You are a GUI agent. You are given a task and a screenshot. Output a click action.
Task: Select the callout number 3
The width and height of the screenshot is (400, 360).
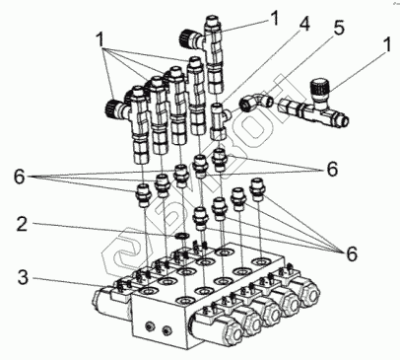click(23, 277)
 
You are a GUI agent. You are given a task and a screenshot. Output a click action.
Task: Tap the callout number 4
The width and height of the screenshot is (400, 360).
click(304, 24)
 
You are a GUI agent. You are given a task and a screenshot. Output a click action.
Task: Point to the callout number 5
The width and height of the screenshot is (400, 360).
click(338, 28)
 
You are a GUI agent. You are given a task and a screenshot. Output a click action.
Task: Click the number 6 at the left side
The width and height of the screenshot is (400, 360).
click(20, 177)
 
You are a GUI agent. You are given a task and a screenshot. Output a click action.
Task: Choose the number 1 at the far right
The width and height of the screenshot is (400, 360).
click(387, 44)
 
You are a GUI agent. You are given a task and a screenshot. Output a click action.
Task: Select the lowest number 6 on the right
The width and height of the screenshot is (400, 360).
click(352, 253)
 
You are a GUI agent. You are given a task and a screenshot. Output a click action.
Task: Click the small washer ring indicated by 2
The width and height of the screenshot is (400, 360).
click(181, 236)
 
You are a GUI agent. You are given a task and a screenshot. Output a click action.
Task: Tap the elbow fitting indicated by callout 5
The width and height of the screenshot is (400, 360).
click(256, 102)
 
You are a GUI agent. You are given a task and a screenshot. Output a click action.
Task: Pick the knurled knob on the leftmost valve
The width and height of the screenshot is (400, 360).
click(113, 108)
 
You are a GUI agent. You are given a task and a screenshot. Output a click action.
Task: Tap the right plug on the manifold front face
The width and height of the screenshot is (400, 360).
click(167, 329)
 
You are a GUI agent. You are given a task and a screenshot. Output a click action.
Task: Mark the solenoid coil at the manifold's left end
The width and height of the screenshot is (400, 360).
click(102, 300)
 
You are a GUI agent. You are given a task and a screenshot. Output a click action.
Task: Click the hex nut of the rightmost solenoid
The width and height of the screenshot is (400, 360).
click(311, 292)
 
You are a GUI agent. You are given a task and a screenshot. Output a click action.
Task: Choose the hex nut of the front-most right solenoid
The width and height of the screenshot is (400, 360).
click(233, 332)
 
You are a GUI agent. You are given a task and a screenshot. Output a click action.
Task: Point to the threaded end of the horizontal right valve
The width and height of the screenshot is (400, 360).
click(343, 118)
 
